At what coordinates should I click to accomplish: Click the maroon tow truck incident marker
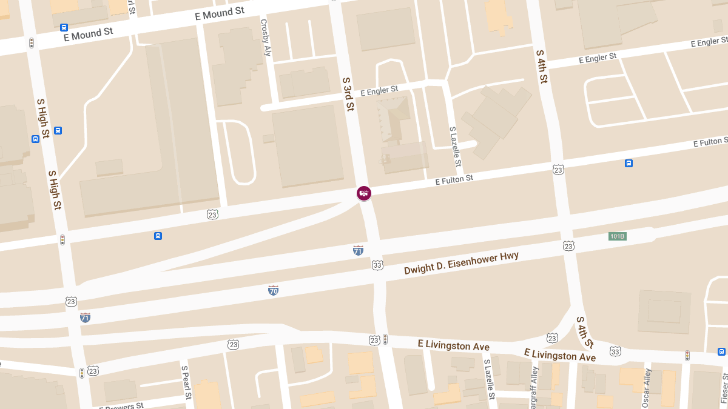[x=364, y=193]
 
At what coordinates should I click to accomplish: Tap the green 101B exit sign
[x=617, y=236]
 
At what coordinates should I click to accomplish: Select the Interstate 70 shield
[x=273, y=290]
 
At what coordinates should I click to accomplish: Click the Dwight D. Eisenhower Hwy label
[x=462, y=264]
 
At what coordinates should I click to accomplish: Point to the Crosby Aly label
[x=265, y=38]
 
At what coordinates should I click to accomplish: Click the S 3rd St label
[x=348, y=94]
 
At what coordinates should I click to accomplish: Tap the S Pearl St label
[x=187, y=383]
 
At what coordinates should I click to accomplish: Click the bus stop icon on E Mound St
[x=64, y=27]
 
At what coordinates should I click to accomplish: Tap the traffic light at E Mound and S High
[x=31, y=43]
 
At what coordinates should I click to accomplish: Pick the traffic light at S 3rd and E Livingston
[x=385, y=339]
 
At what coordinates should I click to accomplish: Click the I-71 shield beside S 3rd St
[x=359, y=250]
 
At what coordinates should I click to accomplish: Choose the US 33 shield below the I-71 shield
[x=377, y=265]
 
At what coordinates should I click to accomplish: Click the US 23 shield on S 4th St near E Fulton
[x=558, y=170]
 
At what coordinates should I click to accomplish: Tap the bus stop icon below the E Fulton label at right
[x=629, y=163]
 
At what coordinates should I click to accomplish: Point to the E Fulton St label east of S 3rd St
[x=454, y=180]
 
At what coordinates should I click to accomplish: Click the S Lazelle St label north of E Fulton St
[x=455, y=147]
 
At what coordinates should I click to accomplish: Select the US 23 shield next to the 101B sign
[x=568, y=245]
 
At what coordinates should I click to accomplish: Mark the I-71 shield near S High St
[x=85, y=317]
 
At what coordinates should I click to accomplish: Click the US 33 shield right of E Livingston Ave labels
[x=615, y=351]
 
